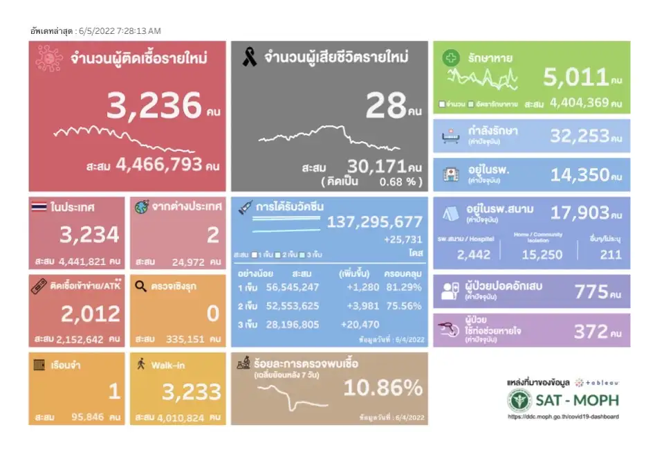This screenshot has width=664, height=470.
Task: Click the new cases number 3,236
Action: coord(154,105)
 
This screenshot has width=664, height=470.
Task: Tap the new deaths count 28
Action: coord(386,105)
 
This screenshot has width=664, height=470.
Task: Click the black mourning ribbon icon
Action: coord(249,57)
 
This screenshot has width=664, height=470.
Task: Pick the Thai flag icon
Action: coord(39,206)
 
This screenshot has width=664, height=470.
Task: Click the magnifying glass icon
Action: coord(140,285)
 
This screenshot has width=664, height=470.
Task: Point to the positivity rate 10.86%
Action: coord(382,388)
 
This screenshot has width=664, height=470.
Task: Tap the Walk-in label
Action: coord(167,364)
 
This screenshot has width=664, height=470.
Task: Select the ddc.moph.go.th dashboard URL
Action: coord(563,417)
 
